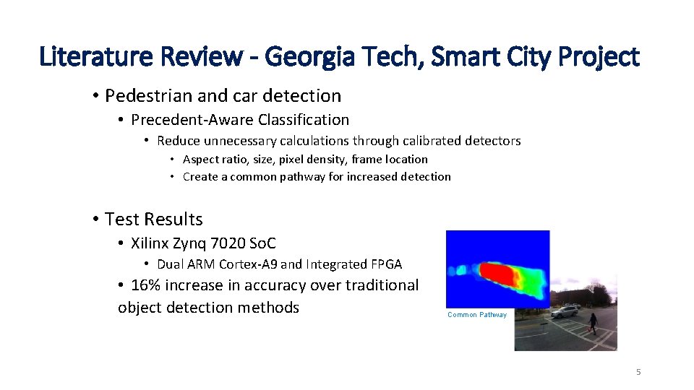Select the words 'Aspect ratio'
point(215,159)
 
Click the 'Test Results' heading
point(153,219)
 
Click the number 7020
point(222,243)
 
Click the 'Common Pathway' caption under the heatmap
point(477,315)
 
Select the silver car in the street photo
point(565,311)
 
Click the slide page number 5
point(638,372)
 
